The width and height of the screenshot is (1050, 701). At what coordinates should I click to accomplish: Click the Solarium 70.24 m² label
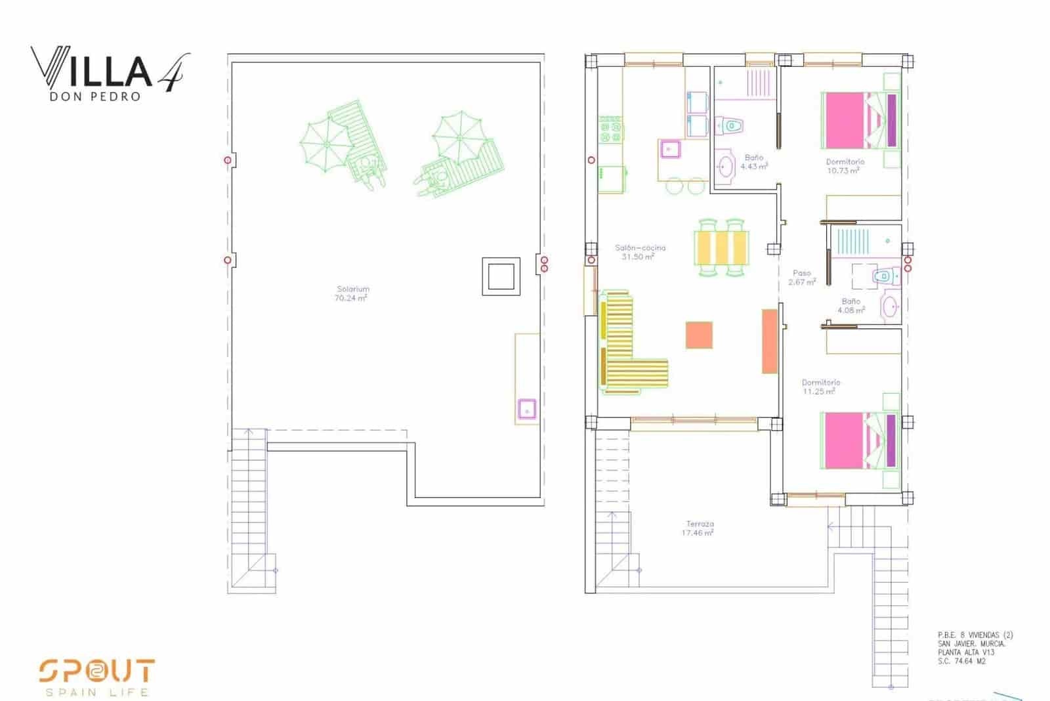pos(352,293)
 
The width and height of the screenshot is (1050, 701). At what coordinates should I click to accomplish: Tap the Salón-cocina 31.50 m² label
pos(640,252)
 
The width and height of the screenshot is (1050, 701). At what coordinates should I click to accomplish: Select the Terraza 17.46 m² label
pos(700,528)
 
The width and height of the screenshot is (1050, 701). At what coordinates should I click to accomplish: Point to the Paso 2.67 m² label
pos(802,278)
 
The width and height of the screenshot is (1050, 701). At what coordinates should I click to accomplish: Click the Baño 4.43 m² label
pos(754,162)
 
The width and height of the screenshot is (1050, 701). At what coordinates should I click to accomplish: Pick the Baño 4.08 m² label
pos(851,306)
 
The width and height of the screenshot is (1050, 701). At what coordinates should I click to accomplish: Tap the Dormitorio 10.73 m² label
pos(845,166)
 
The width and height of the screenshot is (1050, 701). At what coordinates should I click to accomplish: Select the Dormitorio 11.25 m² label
pos(820,387)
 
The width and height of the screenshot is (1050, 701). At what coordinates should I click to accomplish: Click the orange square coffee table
pos(699,335)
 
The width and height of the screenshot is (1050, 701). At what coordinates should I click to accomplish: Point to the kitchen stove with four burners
pos(610,129)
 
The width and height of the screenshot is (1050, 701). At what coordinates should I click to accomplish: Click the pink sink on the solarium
pos(526,409)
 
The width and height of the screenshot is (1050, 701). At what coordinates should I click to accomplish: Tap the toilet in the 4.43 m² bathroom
pos(729,125)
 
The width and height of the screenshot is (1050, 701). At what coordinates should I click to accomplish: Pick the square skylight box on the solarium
pos(501,276)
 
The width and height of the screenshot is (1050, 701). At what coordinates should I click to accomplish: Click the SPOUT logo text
pos(96,671)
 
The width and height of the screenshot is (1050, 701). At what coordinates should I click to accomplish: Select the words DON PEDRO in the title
pos(94,96)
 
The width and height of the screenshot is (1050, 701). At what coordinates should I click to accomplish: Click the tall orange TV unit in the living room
pos(770,341)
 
